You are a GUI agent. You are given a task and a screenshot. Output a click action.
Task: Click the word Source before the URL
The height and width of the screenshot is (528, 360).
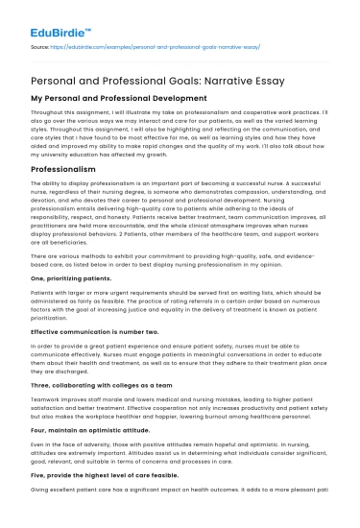coord(42,44)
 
